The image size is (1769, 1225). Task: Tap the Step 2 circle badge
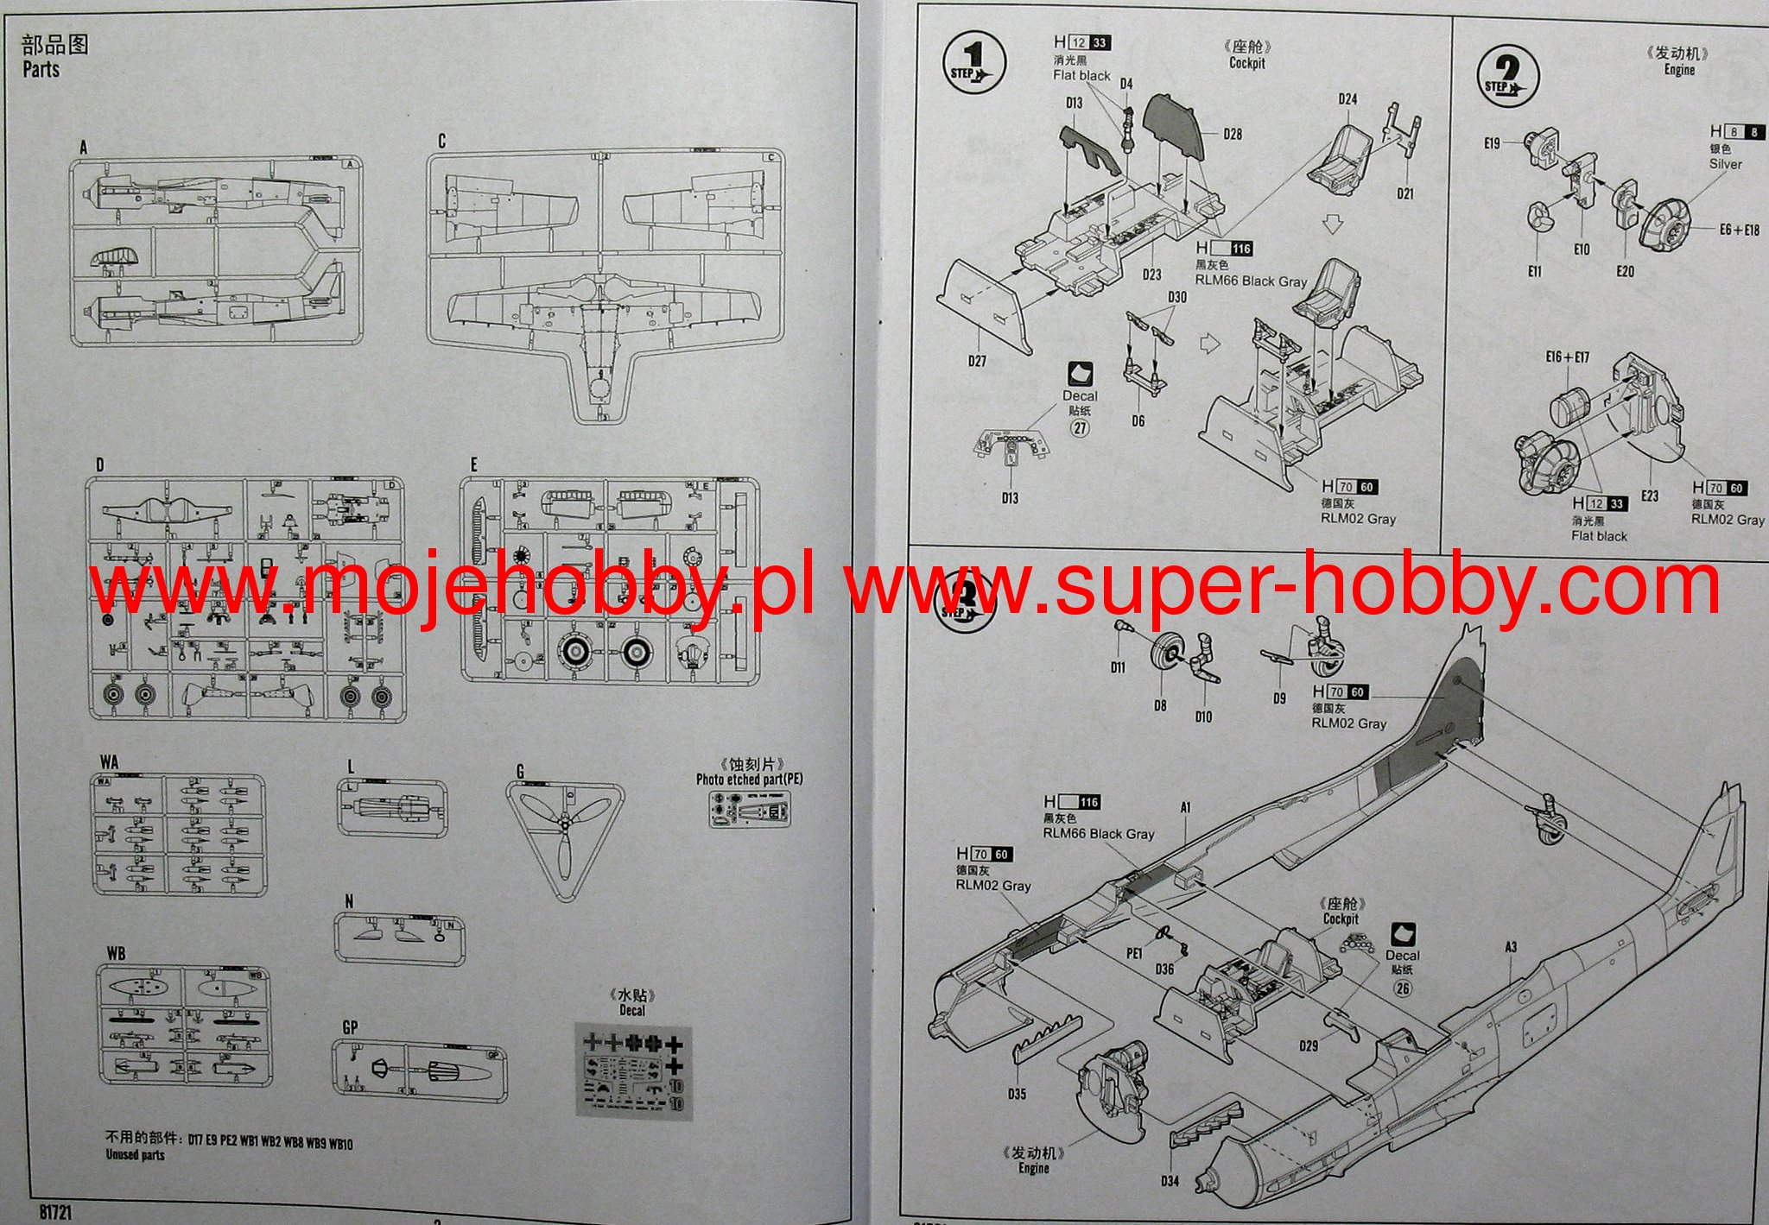tap(1507, 73)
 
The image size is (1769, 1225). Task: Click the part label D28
tap(1233, 134)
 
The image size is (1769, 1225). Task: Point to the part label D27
tap(977, 361)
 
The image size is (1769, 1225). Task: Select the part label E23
tap(1650, 496)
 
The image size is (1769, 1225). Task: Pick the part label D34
tap(1169, 1180)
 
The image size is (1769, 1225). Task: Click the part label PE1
tap(1134, 953)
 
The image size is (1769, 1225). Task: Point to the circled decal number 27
tap(1080, 427)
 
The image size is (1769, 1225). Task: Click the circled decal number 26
tap(1402, 986)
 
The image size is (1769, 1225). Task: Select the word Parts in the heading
tap(41, 69)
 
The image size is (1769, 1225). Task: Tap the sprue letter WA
tap(109, 762)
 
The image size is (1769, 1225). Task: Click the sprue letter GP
tap(350, 1027)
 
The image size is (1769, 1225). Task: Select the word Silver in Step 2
tap(1725, 164)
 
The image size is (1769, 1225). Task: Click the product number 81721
tap(55, 1212)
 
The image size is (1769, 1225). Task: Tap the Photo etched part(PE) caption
tap(749, 780)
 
